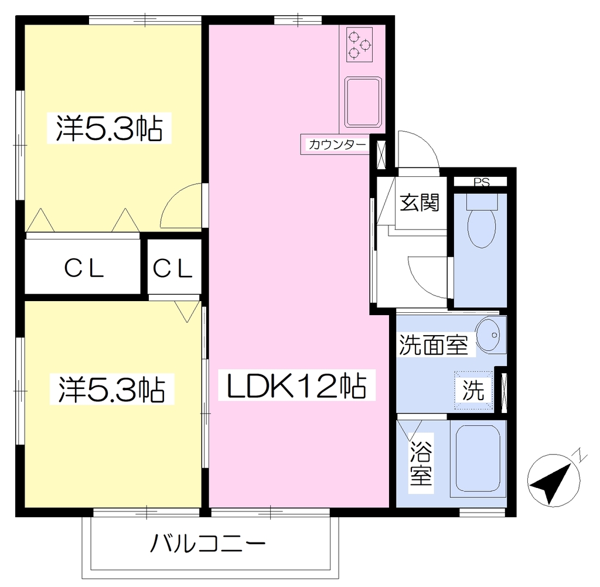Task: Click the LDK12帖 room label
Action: click(296, 385)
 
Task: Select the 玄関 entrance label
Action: click(420, 203)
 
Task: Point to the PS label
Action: click(482, 182)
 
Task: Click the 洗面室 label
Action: click(433, 345)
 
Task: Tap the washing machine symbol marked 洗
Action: click(473, 390)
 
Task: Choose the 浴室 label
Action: click(421, 463)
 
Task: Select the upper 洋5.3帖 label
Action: click(110, 128)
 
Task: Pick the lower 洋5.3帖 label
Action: click(112, 390)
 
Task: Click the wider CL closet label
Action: click(84, 268)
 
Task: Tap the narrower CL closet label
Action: click(173, 268)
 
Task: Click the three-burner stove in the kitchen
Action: click(360, 45)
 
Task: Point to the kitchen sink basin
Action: click(363, 102)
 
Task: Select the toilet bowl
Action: click(482, 221)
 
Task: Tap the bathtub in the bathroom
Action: click(478, 459)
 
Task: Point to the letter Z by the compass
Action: click(582, 455)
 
